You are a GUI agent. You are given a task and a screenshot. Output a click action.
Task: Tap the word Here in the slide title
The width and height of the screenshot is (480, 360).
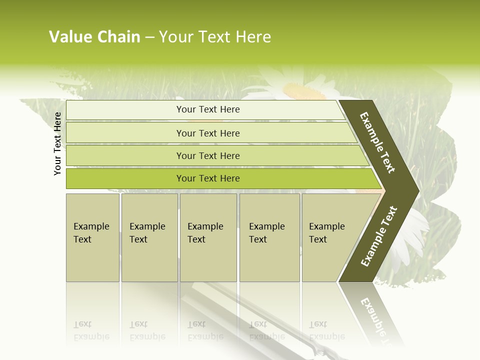point(253,37)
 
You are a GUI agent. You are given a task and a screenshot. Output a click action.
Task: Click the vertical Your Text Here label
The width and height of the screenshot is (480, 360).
point(57,143)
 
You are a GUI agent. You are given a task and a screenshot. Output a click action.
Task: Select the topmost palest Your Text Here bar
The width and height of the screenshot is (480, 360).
point(207,109)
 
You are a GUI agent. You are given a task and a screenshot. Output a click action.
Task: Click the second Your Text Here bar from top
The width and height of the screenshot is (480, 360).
point(207,133)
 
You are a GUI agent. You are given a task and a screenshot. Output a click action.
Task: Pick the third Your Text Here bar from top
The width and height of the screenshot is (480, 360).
point(207,155)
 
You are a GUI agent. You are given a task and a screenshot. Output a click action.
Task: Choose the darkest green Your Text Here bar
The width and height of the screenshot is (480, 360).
point(207,178)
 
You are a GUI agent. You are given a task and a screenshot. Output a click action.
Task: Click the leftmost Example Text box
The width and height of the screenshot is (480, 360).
point(92,237)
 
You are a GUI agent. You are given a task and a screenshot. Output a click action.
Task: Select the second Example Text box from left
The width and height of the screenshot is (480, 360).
point(149,237)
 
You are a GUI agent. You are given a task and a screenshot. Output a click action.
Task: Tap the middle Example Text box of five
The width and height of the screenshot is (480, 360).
point(208,237)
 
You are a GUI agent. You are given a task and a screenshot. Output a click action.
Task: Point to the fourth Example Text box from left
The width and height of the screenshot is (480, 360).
point(269,237)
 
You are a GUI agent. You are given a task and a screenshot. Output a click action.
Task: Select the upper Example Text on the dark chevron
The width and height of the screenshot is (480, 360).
point(377,142)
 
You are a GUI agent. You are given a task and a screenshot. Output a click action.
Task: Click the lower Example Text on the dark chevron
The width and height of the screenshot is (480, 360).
point(379,236)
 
